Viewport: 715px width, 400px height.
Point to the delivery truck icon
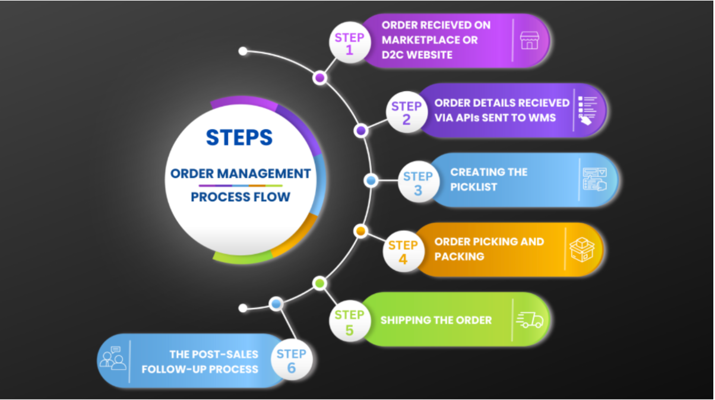click(x=530, y=320)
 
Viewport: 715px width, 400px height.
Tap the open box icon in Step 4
click(x=581, y=249)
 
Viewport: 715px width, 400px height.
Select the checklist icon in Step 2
click(x=588, y=110)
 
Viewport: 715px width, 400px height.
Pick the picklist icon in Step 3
click(x=594, y=180)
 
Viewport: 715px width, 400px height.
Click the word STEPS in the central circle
click(x=239, y=138)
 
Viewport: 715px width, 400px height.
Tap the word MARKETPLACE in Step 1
click(x=430, y=40)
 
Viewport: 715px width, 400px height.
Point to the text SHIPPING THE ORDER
click(x=436, y=320)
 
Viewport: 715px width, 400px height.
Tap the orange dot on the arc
click(x=361, y=230)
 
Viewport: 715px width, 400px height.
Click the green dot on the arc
click(x=319, y=284)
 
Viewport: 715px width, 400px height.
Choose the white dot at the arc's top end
click(x=243, y=51)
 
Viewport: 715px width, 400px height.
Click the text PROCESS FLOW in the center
click(x=240, y=196)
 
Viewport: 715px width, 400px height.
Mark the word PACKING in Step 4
click(x=459, y=256)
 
